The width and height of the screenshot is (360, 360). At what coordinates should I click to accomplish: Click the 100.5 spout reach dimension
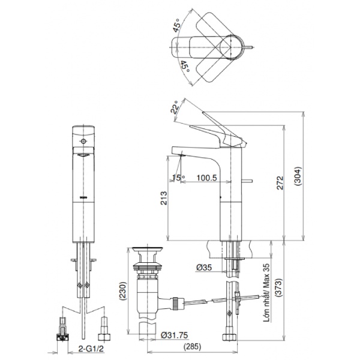[206, 178]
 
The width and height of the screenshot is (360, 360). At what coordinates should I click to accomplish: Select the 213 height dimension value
[164, 198]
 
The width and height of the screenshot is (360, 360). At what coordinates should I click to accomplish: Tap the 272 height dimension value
[280, 183]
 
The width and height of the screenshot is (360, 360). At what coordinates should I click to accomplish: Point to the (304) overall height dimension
[298, 176]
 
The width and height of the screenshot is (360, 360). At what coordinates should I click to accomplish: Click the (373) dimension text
[279, 288]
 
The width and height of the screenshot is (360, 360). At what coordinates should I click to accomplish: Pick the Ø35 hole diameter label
[204, 267]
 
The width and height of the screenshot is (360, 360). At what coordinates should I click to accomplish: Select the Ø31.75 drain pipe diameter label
[174, 335]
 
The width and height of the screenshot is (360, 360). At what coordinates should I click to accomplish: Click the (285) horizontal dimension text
[193, 346]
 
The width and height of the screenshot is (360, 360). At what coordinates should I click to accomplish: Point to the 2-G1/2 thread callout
[91, 349]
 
